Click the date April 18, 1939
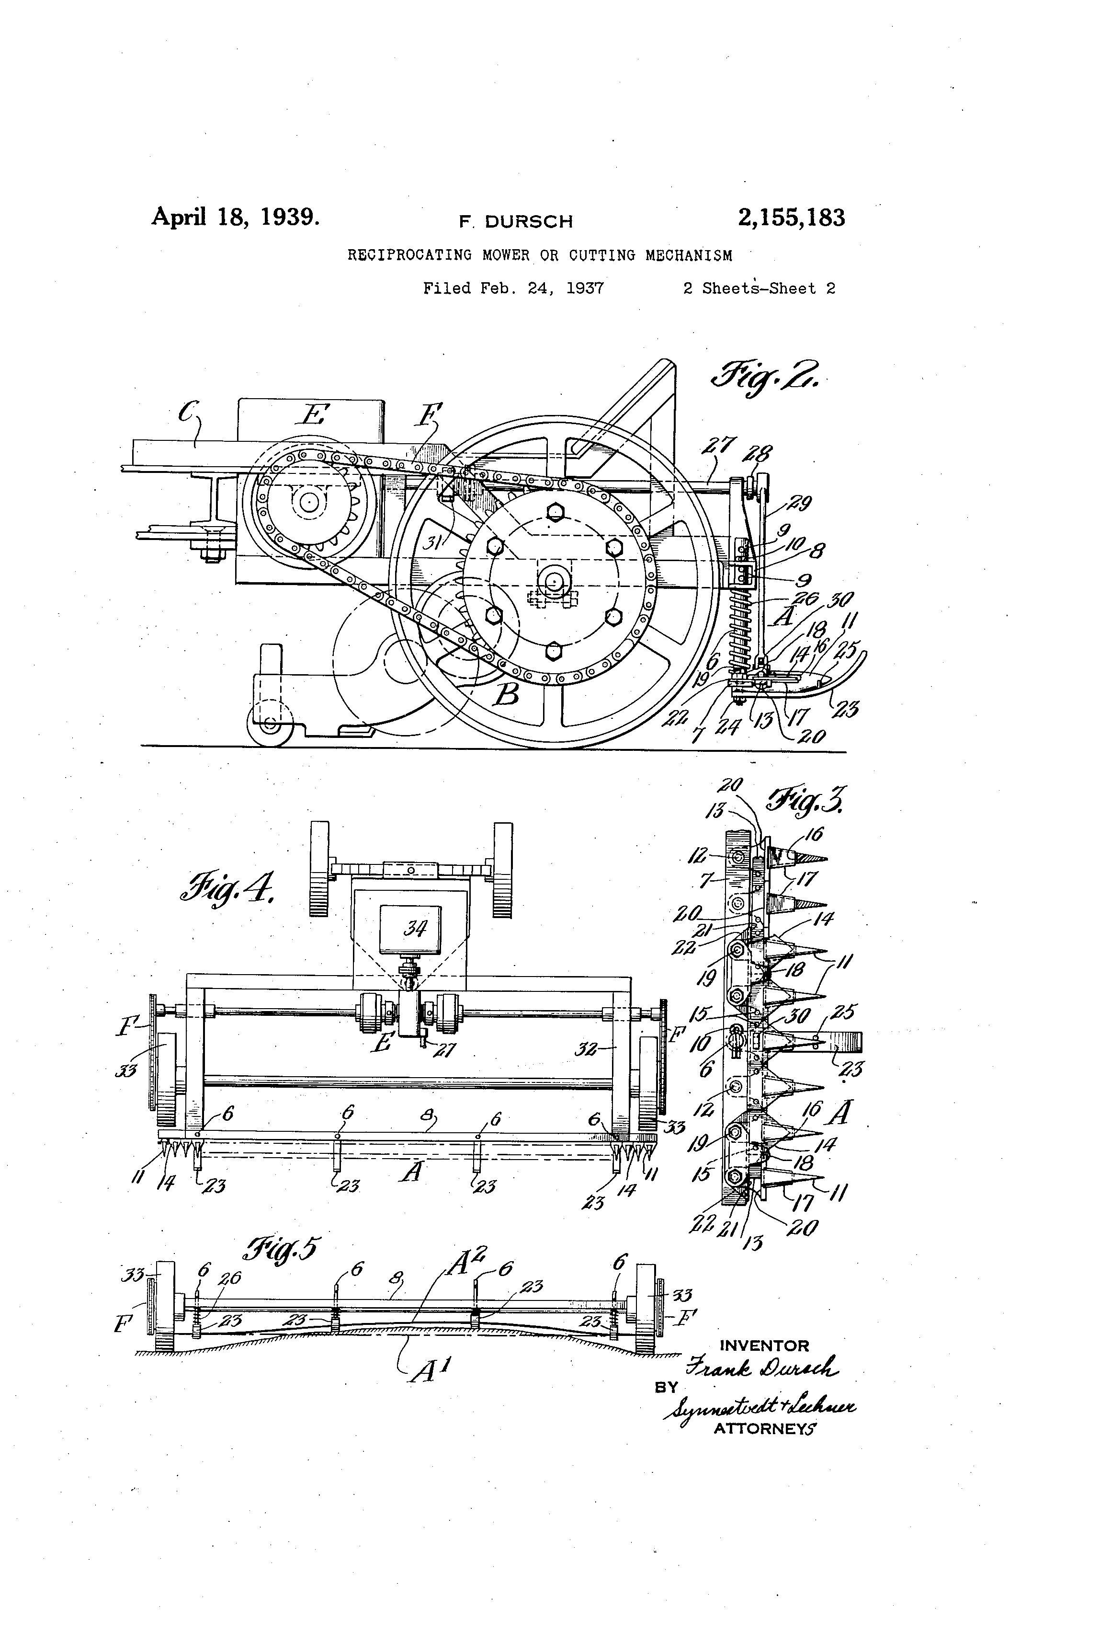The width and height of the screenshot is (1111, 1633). [235, 217]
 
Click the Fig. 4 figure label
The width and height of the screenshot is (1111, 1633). [226, 888]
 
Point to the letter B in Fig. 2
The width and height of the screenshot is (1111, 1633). [507, 694]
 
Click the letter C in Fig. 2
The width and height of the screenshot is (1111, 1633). [189, 412]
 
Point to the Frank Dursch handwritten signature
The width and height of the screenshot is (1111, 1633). [761, 1368]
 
